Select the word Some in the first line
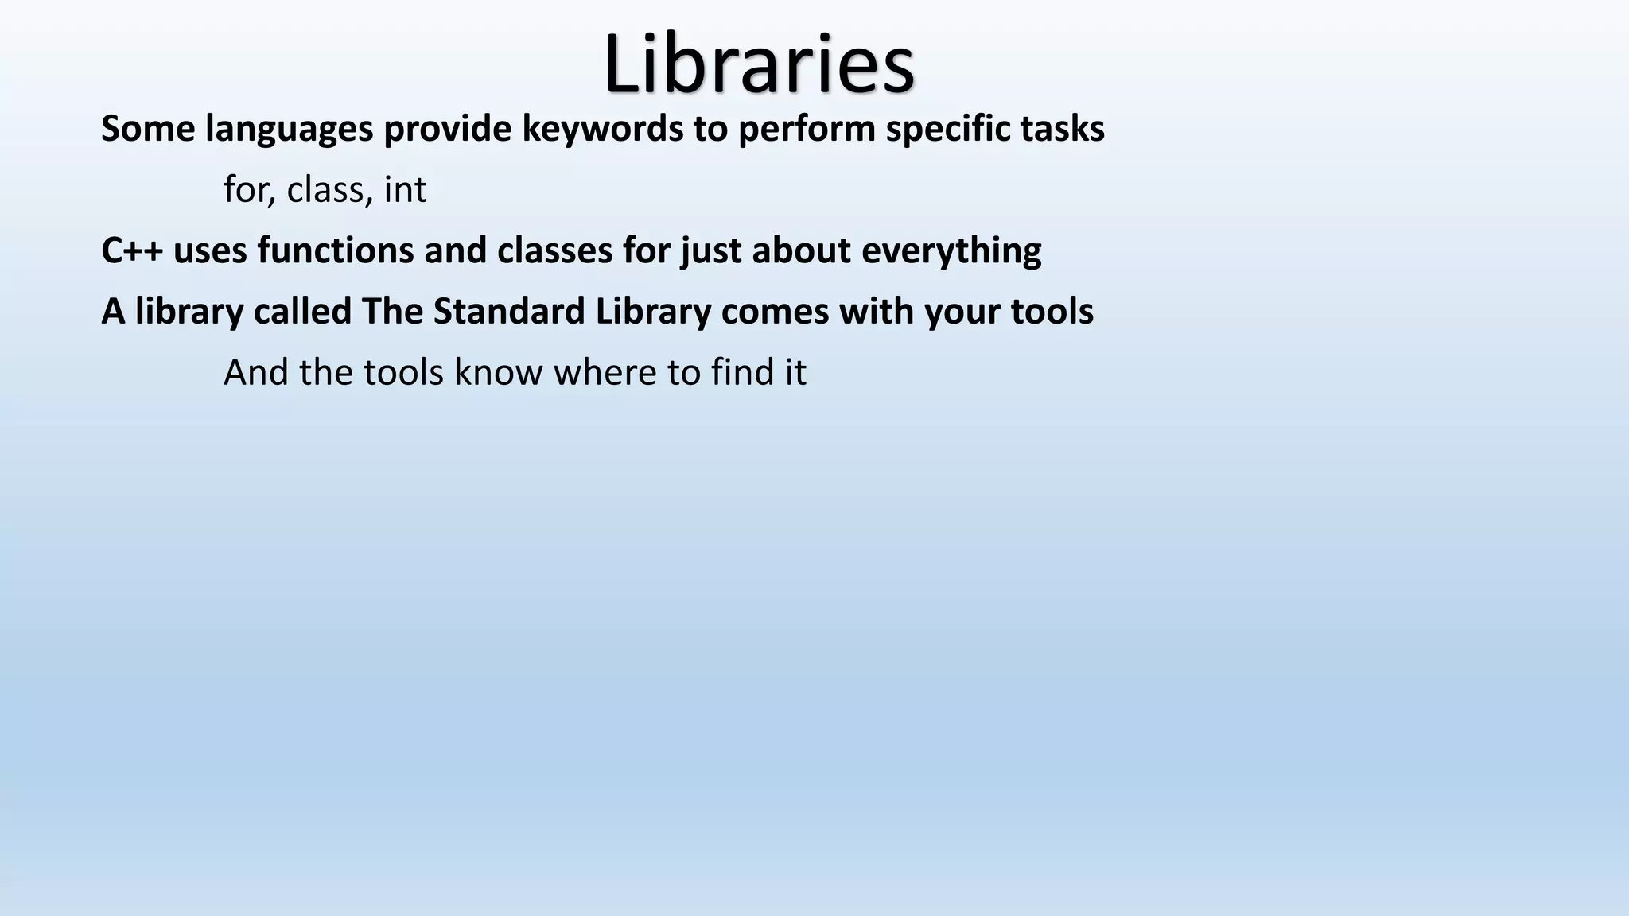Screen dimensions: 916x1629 148,129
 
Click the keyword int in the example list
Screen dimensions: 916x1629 405,190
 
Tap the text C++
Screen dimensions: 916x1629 132,250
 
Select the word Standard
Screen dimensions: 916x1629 509,311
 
